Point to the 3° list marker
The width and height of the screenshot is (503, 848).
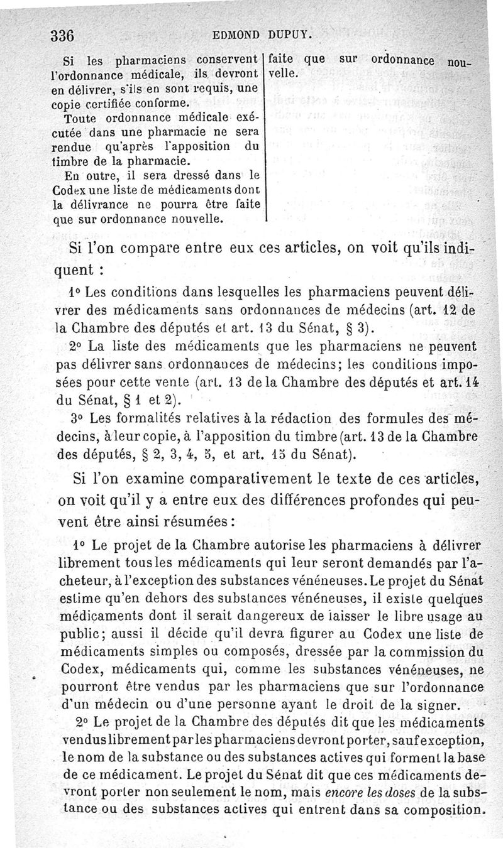point(79,419)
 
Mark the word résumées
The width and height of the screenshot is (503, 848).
point(193,522)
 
